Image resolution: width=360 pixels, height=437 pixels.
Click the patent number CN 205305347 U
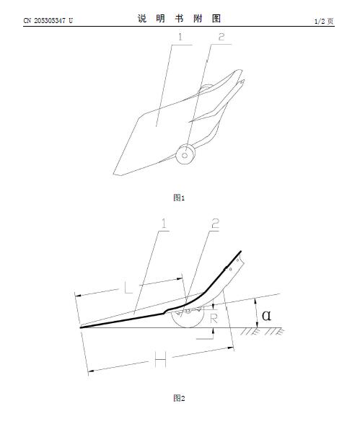point(48,21)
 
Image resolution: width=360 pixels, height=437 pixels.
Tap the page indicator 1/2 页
point(324,21)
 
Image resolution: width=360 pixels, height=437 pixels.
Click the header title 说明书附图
point(180,19)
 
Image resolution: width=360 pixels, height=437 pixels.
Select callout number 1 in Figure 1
point(180,37)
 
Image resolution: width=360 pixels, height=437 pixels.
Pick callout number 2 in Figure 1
point(221,37)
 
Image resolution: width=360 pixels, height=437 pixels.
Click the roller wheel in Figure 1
point(185,154)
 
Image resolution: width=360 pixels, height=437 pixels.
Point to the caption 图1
point(179,198)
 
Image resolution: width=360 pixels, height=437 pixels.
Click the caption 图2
point(179,398)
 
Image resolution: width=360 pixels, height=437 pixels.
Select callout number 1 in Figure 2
point(164,224)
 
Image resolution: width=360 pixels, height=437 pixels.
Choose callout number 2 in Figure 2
point(215,224)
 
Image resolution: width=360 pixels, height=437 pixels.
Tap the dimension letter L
point(128,287)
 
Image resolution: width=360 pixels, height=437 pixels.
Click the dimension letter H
point(160,360)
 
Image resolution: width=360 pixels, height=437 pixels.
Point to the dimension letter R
point(214,318)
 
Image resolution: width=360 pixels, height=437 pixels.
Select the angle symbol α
point(266,315)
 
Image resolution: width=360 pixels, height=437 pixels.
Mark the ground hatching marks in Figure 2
point(263,332)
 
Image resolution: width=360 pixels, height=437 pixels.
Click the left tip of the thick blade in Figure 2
point(81,327)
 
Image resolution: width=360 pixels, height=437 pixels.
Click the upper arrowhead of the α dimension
point(257,301)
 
